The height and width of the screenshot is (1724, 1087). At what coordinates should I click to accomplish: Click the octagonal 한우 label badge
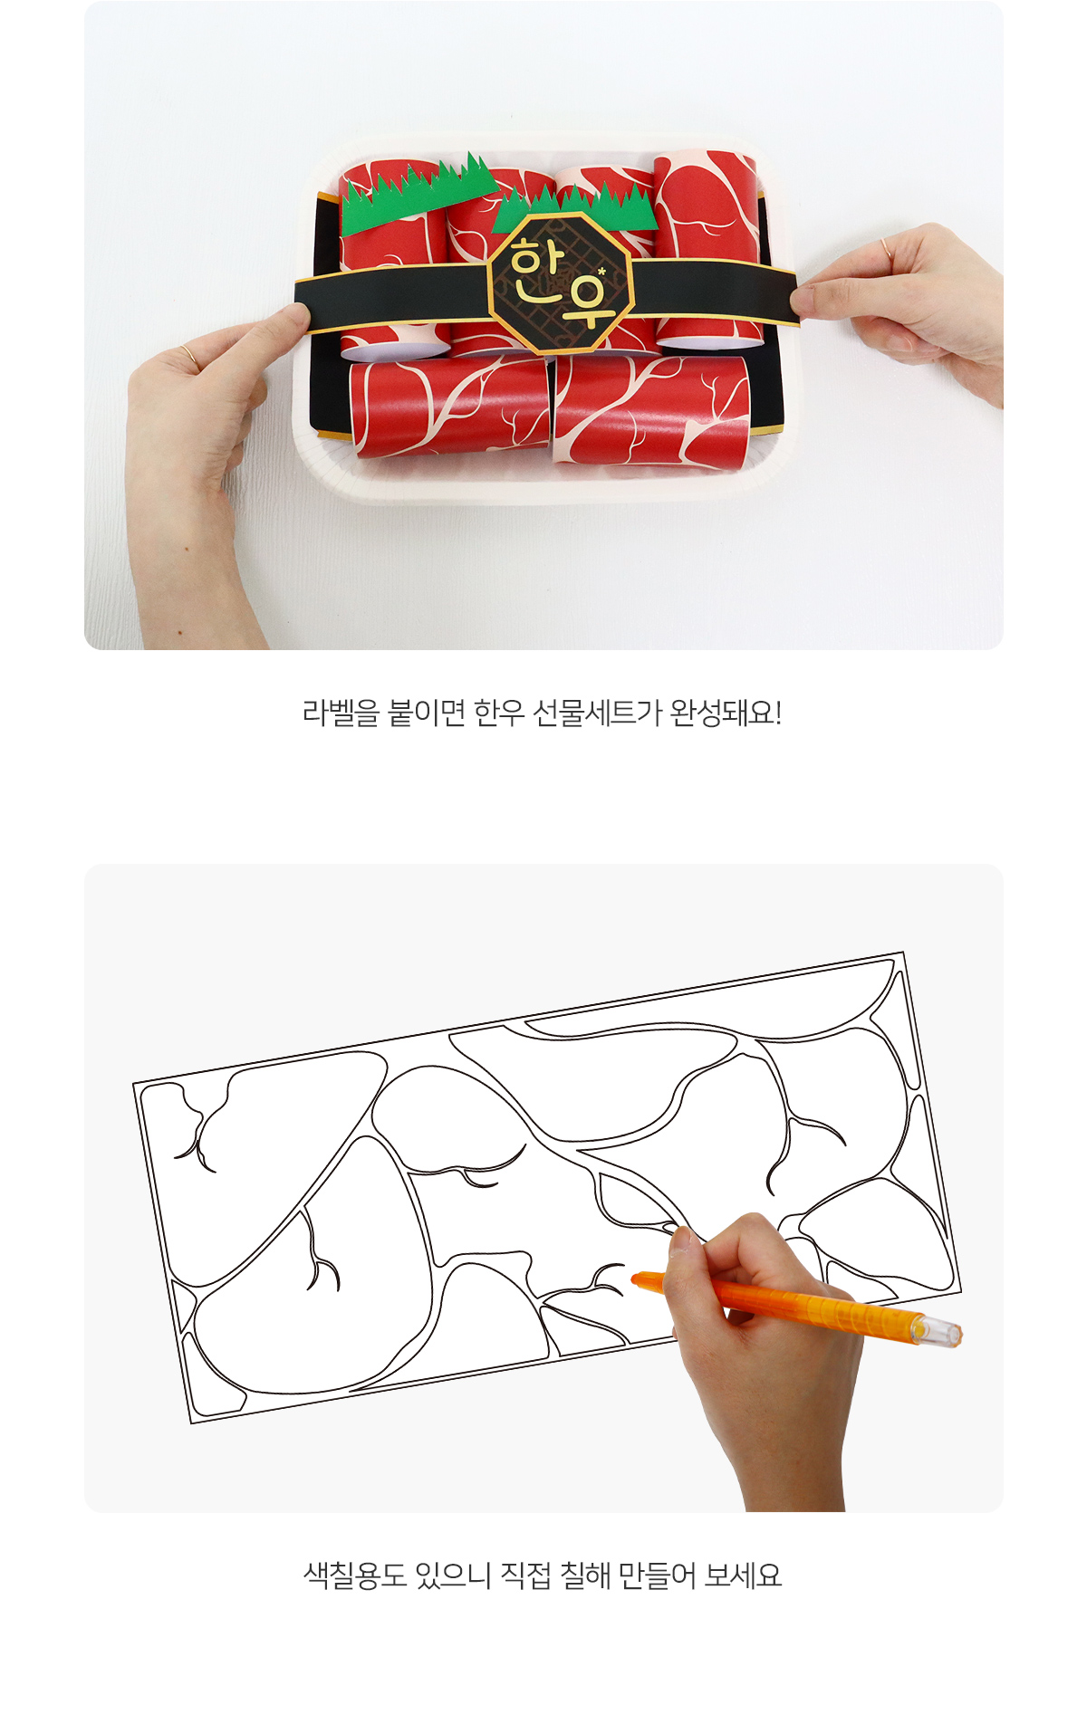pyautogui.click(x=560, y=283)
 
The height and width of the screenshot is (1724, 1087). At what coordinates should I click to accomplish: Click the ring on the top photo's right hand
pyautogui.click(x=885, y=247)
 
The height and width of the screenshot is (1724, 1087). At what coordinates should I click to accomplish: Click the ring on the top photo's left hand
pyautogui.click(x=188, y=356)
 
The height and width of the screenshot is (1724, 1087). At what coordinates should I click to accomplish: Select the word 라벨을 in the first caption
pyautogui.click(x=341, y=714)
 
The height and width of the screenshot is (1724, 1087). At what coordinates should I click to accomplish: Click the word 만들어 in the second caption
pyautogui.click(x=656, y=1576)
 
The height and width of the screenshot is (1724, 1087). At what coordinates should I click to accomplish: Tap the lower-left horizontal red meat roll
pyautogui.click(x=449, y=407)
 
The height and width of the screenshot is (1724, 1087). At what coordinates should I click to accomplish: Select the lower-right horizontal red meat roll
pyautogui.click(x=651, y=411)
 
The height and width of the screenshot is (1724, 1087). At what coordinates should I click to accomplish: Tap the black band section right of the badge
pyautogui.click(x=715, y=290)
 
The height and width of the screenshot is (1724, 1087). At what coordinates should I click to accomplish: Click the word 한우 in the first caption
pyautogui.click(x=499, y=714)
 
